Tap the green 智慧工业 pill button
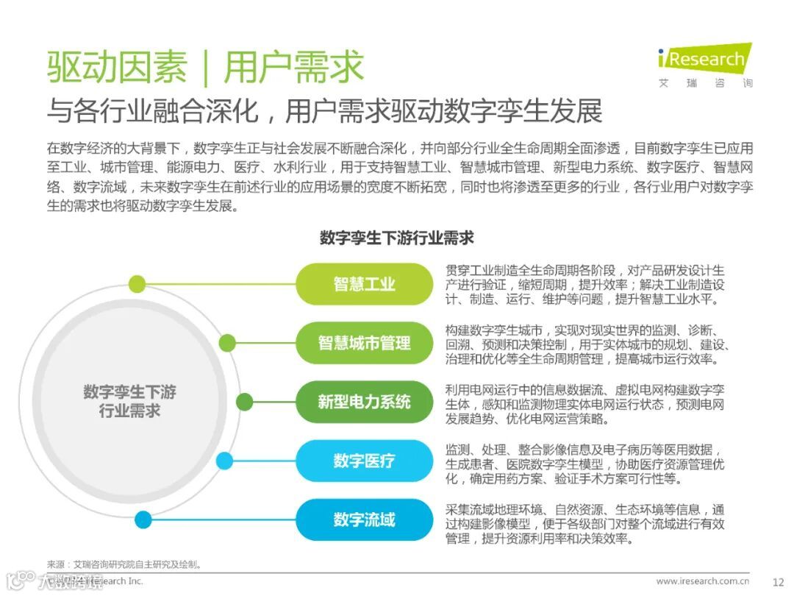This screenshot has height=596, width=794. (x=365, y=284)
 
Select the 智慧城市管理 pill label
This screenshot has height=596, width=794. (x=365, y=343)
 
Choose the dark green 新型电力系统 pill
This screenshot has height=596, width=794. (x=365, y=402)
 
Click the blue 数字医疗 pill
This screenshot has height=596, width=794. (x=365, y=461)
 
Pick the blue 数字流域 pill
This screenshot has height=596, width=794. (x=365, y=519)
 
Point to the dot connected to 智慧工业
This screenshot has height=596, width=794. (x=137, y=284)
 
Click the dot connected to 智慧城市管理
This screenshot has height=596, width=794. (x=227, y=343)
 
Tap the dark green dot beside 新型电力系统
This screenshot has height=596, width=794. (x=245, y=402)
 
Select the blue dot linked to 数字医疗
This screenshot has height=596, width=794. (x=225, y=461)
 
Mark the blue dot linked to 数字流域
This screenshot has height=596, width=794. (x=143, y=520)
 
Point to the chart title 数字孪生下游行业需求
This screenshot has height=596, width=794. (x=397, y=238)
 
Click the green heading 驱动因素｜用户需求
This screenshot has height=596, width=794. (x=206, y=68)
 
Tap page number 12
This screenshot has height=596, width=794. (x=779, y=581)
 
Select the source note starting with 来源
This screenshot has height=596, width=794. (x=125, y=564)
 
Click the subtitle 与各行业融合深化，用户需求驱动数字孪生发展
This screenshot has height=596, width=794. (x=324, y=111)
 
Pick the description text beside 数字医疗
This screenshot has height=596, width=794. (x=584, y=464)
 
